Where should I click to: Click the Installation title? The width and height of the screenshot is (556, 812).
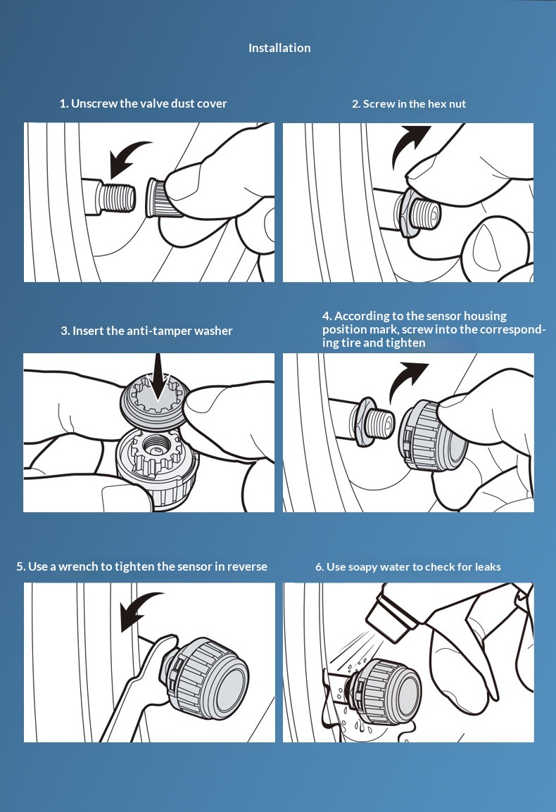(279, 48)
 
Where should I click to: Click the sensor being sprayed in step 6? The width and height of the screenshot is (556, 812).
(383, 692)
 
